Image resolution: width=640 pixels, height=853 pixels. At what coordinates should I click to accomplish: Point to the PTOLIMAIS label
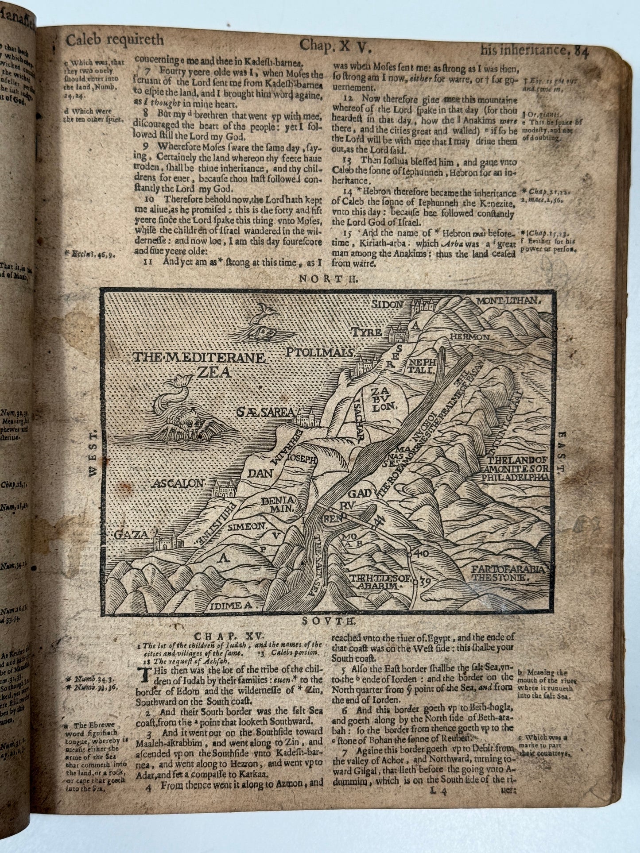click(x=318, y=353)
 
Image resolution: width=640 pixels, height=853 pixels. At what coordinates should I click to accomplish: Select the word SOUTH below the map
click(x=322, y=621)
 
